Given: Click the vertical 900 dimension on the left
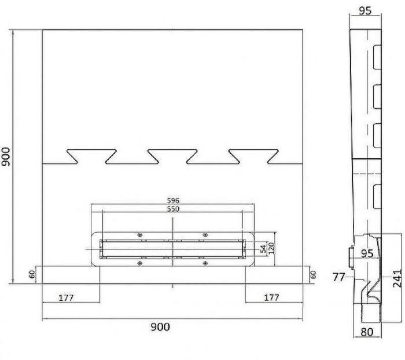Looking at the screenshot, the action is (6, 157).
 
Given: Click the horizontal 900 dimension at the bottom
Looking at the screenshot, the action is (160, 327).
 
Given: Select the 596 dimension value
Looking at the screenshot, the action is (173, 200).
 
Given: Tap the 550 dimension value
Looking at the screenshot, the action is (173, 209).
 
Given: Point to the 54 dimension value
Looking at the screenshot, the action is (263, 249).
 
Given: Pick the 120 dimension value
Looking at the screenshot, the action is (271, 248).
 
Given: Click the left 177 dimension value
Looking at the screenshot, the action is (66, 298).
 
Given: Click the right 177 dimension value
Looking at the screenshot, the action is (271, 297).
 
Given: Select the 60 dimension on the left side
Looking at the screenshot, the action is (32, 274).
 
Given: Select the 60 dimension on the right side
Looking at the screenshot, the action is (313, 274).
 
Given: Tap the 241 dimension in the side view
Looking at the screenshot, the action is (397, 278).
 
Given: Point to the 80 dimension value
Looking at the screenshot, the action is (367, 332).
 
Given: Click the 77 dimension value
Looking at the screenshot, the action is (338, 277).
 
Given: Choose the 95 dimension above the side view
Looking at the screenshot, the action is (365, 11).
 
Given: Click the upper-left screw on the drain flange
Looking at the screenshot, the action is (140, 235).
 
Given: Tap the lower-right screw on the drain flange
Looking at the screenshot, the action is (205, 263).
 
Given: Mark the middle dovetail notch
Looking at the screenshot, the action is (172, 157).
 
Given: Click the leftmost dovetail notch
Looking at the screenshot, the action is (91, 157).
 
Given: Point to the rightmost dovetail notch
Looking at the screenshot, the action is (253, 157).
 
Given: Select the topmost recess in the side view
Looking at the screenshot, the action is (377, 57).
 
